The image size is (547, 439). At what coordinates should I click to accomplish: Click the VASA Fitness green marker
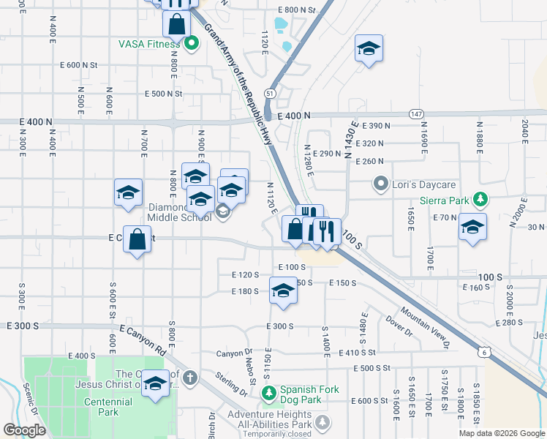[192, 44]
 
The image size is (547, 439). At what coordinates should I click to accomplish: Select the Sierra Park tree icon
[480, 199]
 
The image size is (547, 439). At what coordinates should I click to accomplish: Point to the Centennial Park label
[107, 402]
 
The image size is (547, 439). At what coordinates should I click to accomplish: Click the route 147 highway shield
[416, 114]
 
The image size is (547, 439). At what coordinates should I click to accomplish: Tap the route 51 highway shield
[270, 94]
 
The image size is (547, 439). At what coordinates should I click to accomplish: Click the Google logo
[24, 430]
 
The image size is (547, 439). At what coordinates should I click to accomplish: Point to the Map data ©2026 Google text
[501, 433]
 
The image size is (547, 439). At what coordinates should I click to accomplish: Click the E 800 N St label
[296, 10]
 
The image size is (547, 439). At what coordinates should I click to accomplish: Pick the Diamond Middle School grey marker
[224, 212]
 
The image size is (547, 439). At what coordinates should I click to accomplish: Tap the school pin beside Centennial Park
[155, 384]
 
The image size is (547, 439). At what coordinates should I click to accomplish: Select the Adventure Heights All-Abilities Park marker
[322, 421]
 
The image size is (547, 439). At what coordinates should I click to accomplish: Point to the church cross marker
[190, 378]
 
